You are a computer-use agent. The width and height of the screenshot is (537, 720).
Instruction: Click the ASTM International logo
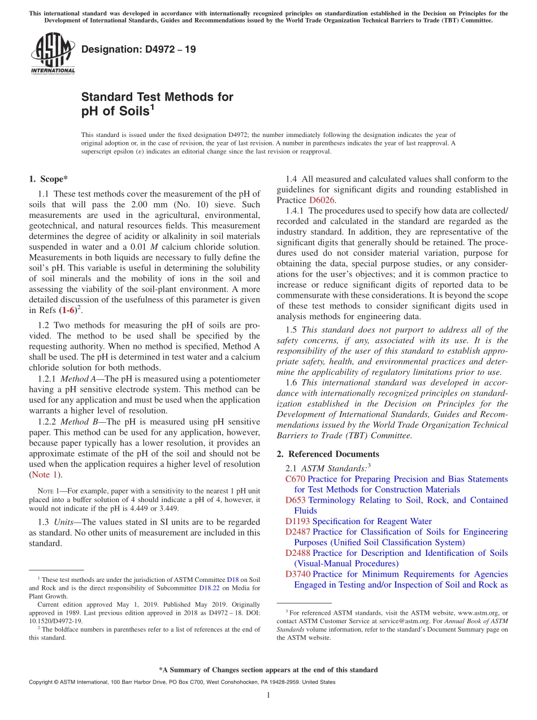coord(53,53)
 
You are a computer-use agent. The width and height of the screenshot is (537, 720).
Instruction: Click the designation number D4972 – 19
coord(138,49)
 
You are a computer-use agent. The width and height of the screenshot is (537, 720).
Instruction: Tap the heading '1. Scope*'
coord(48,179)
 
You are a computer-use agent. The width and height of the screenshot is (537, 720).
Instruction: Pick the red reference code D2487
coord(297,532)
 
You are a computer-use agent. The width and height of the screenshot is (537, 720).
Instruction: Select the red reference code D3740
coord(297,575)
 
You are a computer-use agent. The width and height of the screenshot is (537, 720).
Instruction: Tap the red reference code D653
coord(295,500)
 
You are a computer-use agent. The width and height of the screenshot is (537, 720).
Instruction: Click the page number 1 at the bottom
coord(268,695)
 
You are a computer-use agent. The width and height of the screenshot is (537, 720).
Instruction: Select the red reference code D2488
coord(297,553)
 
